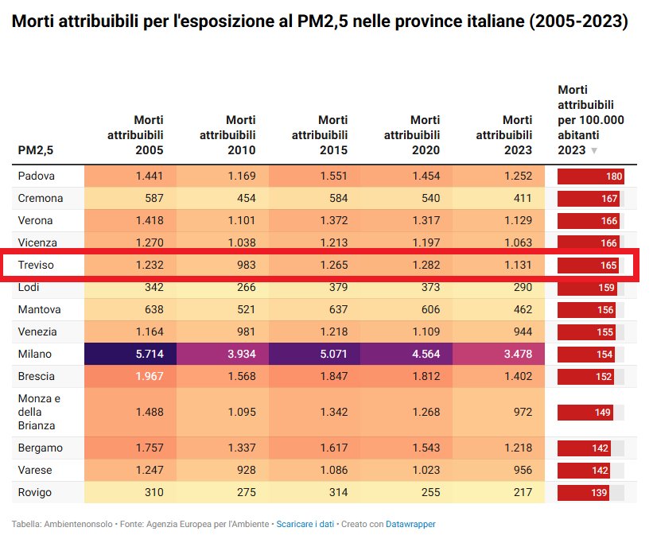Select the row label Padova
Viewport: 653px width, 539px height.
tap(37, 176)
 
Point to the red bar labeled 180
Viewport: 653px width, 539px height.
tap(590, 176)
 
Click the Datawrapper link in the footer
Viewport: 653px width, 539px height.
tap(410, 524)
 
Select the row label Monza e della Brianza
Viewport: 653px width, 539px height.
tap(40, 412)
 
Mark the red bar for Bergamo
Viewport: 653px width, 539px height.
tap(583, 448)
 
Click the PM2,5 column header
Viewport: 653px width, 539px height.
tap(36, 150)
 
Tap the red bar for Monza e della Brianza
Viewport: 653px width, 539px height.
tap(585, 412)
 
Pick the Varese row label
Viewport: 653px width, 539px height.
tap(35, 470)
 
